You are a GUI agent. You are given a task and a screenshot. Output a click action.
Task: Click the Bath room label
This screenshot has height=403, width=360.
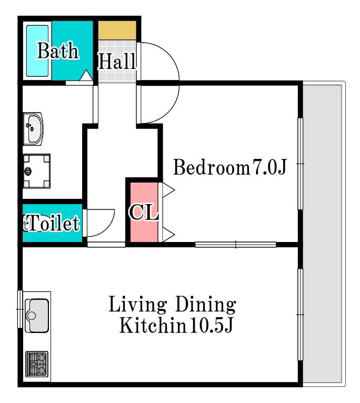tap(58, 51)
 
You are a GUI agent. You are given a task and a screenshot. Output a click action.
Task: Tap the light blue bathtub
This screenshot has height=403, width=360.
tap(37, 51)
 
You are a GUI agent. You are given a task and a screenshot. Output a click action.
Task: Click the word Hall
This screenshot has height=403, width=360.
tap(117, 61)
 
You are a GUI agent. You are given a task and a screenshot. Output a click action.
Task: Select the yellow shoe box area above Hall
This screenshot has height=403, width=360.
tap(117, 31)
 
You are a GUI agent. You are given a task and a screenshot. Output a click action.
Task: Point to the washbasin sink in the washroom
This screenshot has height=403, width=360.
tap(33, 128)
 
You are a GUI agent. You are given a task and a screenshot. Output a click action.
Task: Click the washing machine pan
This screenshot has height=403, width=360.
tap(36, 171)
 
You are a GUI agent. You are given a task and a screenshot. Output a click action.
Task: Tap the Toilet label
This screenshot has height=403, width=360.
tap(52, 223)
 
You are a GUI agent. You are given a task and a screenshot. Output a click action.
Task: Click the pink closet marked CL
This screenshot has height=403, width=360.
tap(144, 212)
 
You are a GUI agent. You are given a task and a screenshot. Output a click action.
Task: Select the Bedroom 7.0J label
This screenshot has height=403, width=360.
tap(230, 167)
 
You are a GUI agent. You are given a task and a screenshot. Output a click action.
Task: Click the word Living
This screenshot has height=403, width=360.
tap(137, 305)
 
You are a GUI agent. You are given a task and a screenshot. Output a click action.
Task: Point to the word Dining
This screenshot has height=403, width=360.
tap(205, 305)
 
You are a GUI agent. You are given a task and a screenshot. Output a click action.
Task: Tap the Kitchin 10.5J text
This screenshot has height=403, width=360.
tap(176, 325)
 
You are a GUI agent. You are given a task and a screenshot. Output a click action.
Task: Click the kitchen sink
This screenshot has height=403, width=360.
tap(37, 315)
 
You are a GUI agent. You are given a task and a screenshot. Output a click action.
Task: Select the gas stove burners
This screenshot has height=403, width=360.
tap(37, 364)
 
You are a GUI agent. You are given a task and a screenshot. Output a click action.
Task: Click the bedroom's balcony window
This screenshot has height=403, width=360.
tap(301, 164)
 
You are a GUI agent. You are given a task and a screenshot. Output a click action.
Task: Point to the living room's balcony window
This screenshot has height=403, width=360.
tap(301, 315)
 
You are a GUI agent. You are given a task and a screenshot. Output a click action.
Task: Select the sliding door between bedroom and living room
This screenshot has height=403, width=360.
tap(236, 245)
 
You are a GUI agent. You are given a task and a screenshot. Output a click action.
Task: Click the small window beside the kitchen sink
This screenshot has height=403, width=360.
tap(20, 309)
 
